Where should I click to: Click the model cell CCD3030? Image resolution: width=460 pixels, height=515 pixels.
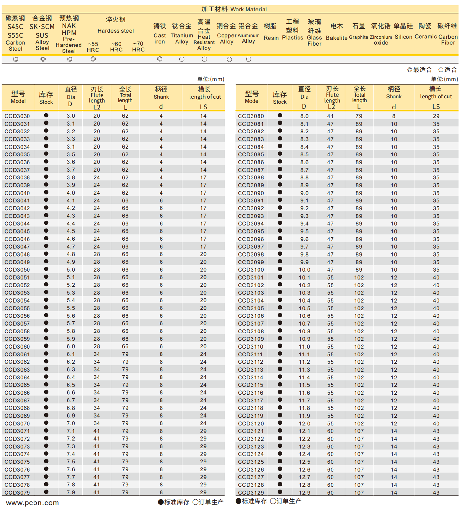[x=17, y=116]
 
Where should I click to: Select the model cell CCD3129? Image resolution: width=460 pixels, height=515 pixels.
[x=251, y=492]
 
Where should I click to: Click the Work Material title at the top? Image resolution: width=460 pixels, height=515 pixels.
[x=234, y=9]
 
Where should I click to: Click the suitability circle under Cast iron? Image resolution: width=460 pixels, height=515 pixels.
[x=160, y=59]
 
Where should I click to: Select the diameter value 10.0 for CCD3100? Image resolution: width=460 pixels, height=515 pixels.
[x=304, y=270]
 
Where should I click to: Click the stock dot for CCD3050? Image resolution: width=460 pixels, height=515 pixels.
[x=46, y=269]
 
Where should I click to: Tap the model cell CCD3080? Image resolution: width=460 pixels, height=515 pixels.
[x=251, y=116]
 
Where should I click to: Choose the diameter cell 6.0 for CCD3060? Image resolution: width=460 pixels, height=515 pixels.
[x=71, y=346]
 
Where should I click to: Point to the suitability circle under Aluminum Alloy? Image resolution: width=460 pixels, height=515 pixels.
[x=248, y=59]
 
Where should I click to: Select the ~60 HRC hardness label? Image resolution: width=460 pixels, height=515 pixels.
[x=116, y=47]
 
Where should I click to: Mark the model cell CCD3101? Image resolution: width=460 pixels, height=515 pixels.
[x=251, y=277]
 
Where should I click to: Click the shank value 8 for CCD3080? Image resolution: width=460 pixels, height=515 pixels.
[x=394, y=116]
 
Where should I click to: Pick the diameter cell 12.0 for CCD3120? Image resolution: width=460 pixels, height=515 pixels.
[x=304, y=423]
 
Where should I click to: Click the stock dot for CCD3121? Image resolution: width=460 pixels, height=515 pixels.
[x=280, y=431]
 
